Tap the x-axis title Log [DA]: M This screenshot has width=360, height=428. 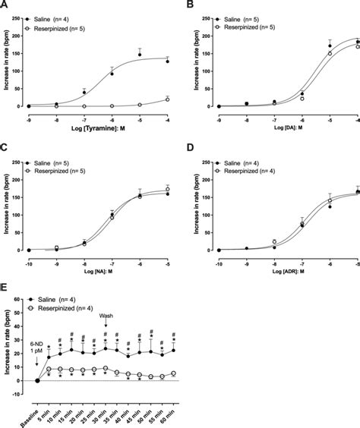point(276,124)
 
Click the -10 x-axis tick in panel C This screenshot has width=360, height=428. point(27,257)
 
